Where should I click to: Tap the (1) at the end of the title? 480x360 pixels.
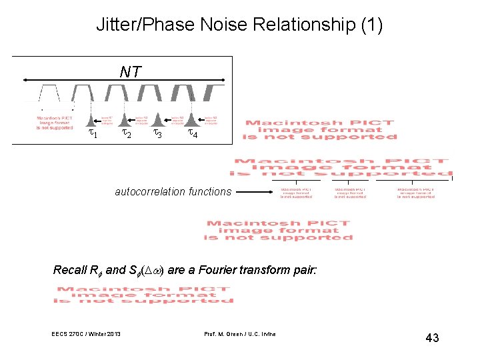(371, 26)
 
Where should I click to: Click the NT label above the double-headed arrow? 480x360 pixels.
(130, 71)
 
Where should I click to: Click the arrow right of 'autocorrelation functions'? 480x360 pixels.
(254, 193)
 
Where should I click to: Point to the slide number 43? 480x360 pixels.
(432, 338)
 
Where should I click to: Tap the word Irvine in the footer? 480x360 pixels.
(266, 333)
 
